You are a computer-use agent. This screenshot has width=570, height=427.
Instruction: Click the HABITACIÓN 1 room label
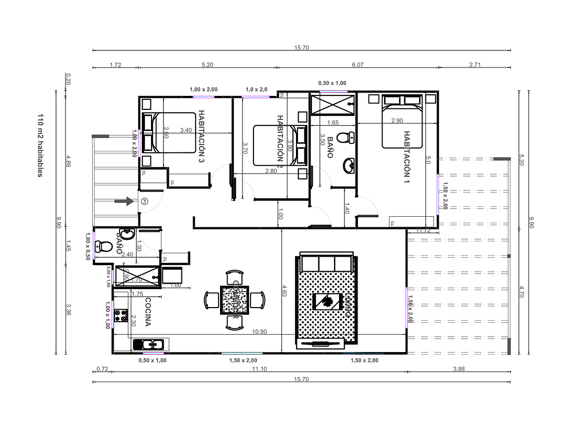[x=407, y=158]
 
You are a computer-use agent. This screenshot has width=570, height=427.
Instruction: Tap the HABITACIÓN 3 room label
[x=201, y=136]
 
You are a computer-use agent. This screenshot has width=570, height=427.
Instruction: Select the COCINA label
[x=147, y=312]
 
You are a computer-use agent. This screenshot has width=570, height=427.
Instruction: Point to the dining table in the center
[x=234, y=301]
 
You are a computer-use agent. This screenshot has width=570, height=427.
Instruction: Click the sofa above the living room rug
[x=325, y=263]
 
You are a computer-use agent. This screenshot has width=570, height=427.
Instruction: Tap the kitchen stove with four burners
[x=121, y=315]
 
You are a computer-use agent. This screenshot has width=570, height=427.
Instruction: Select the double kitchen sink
[x=148, y=344]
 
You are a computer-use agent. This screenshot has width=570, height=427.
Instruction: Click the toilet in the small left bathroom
[x=104, y=246]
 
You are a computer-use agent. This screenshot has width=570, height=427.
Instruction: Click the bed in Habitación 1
[x=402, y=121]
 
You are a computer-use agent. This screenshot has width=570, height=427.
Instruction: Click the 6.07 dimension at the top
[x=357, y=65]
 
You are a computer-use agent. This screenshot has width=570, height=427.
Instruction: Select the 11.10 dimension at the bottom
[x=259, y=369]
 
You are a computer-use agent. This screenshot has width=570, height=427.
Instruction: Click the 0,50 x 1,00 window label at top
[x=332, y=83]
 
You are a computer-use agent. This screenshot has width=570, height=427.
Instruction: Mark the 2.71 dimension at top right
[x=475, y=65]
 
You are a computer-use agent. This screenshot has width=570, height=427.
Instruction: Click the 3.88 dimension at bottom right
[x=458, y=369]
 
